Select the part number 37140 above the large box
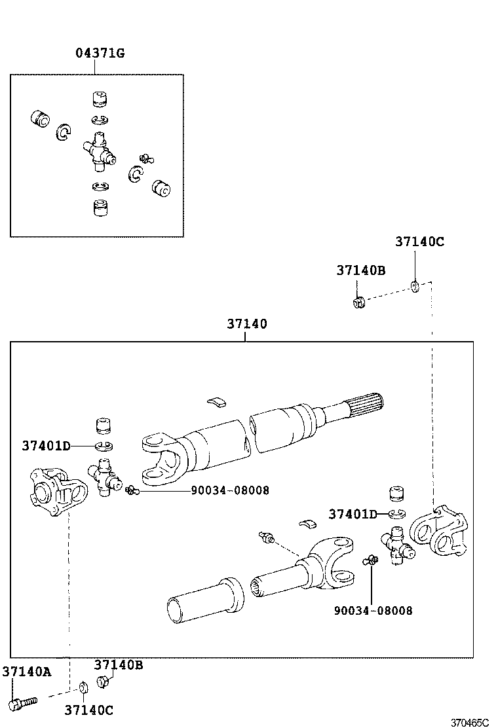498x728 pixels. click(x=247, y=323)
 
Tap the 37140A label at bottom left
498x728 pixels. click(x=26, y=671)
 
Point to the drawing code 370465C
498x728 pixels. click(x=469, y=722)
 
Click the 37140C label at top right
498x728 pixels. click(x=419, y=242)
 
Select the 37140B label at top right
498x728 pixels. click(x=361, y=270)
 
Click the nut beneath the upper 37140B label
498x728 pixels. click(x=358, y=303)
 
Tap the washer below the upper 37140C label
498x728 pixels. click(x=415, y=286)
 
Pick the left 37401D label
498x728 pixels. click(x=46, y=446)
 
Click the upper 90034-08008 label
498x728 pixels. click(x=230, y=490)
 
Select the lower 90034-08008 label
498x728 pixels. click(x=373, y=610)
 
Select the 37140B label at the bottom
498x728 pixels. click(x=119, y=665)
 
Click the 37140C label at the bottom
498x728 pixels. click(x=88, y=710)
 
